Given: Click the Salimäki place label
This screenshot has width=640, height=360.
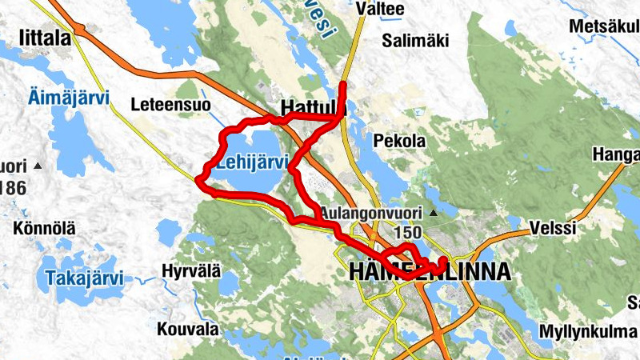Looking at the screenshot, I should click(415, 40).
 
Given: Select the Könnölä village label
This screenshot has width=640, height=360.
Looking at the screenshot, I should click(44, 229).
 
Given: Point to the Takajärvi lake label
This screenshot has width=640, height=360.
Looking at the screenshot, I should click(84, 279).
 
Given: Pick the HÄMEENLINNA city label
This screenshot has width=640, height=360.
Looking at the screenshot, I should click(429, 272).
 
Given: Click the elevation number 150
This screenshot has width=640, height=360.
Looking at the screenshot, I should click(408, 232).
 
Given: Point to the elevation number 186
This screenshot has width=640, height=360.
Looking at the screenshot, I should click(13, 189).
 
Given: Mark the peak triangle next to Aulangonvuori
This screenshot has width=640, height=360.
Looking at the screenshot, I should click(434, 214).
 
